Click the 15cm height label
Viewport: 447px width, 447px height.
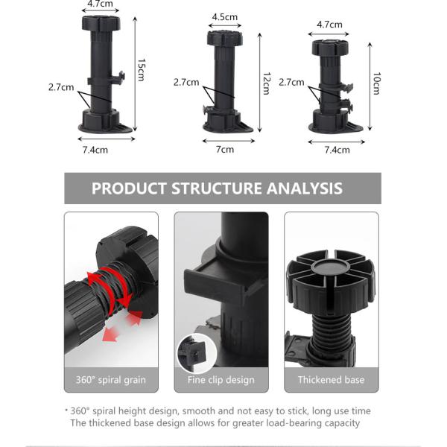pos(142,70)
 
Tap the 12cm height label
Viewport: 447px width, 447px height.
pos(267,83)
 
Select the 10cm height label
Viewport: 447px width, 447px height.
pos(376,83)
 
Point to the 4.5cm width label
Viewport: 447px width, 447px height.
pos(225,17)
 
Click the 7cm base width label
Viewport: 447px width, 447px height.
pos(225,150)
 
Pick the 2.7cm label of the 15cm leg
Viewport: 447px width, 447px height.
pos(61,87)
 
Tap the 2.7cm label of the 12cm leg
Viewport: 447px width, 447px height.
pos(186,83)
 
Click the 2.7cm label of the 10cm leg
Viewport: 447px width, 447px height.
pos(291,83)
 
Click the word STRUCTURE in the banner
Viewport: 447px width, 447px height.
pos(216,188)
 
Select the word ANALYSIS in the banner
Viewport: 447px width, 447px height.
pos(305,188)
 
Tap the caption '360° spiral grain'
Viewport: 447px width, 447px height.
pos(111,380)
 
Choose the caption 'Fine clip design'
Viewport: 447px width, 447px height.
pos(221,380)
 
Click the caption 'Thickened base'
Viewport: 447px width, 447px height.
pos(332,380)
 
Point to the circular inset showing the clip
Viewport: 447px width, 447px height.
pos(197,353)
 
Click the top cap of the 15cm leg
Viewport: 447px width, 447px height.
pos(101,23)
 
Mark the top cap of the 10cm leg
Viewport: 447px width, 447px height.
pos(330,48)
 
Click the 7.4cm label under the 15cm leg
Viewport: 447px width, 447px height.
pos(95,150)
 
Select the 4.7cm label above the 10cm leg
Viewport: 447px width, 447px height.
pos(329,25)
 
